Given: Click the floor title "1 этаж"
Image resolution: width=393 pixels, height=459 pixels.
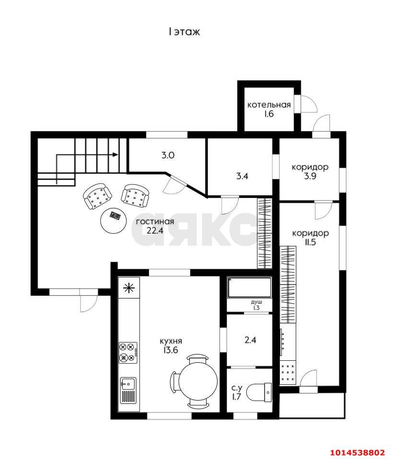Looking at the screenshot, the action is [184, 32].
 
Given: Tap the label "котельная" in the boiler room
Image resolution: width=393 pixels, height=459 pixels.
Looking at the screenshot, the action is [269, 105].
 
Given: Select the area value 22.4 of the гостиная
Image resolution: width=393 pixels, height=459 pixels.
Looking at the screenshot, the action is [155, 230].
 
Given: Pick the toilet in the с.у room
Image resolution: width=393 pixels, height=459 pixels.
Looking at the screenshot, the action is [259, 392].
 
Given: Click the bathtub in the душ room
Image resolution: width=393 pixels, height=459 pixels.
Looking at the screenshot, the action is [250, 287].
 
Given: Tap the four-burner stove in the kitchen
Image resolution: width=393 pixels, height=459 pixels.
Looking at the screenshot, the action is [128, 353].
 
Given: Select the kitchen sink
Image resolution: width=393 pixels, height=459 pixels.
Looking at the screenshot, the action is [128, 390].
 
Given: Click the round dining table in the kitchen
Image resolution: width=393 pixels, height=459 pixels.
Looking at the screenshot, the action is [198, 381].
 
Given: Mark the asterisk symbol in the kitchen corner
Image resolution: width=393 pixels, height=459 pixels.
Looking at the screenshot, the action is [129, 288].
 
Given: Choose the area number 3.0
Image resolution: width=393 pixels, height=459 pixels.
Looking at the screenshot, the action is [168, 155].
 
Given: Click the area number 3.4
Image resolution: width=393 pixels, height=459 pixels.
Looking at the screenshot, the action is [242, 176].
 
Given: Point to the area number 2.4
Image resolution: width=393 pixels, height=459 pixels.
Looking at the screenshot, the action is [250, 340].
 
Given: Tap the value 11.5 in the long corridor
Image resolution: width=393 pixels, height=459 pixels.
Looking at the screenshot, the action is [310, 242].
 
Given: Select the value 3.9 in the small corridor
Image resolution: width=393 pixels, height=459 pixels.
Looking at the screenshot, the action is [310, 176].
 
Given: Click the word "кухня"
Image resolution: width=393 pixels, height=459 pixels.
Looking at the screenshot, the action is [171, 341].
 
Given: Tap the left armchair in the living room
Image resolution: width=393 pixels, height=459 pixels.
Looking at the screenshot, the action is [97, 196].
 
